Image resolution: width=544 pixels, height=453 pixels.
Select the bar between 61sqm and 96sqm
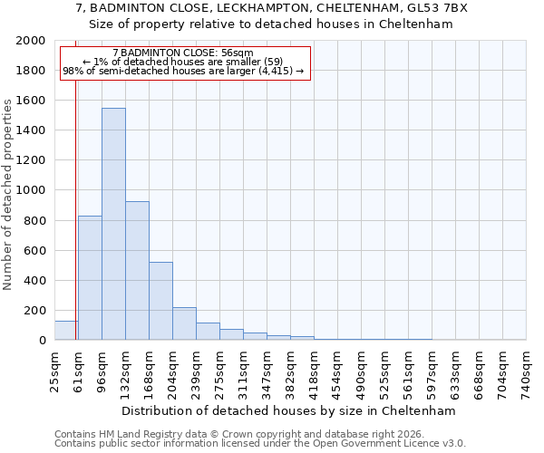90,277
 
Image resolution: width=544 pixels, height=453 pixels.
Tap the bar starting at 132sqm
137,271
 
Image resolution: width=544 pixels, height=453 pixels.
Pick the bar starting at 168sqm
160,301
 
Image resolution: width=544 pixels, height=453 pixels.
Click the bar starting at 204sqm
184,323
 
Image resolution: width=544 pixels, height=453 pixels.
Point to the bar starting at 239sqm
208,332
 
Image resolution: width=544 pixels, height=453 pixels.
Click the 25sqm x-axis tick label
55,367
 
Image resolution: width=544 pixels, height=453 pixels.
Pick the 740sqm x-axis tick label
527,370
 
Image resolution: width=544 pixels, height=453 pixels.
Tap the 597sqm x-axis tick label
432,370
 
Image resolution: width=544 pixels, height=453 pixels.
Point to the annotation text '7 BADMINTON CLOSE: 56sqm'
186,53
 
